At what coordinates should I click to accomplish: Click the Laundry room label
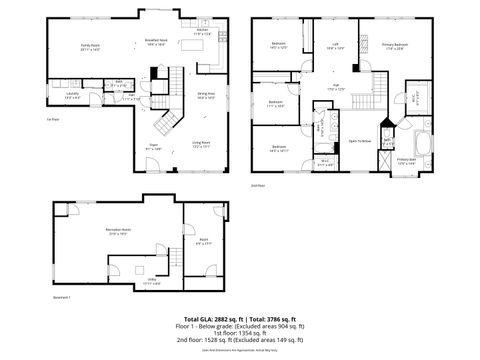(72, 96)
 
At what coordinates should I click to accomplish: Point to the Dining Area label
(206, 96)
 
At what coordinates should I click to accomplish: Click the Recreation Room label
(120, 232)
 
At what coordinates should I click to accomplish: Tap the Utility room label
(150, 282)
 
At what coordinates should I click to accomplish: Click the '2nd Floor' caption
(259, 185)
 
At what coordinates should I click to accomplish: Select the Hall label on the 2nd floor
(336, 87)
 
